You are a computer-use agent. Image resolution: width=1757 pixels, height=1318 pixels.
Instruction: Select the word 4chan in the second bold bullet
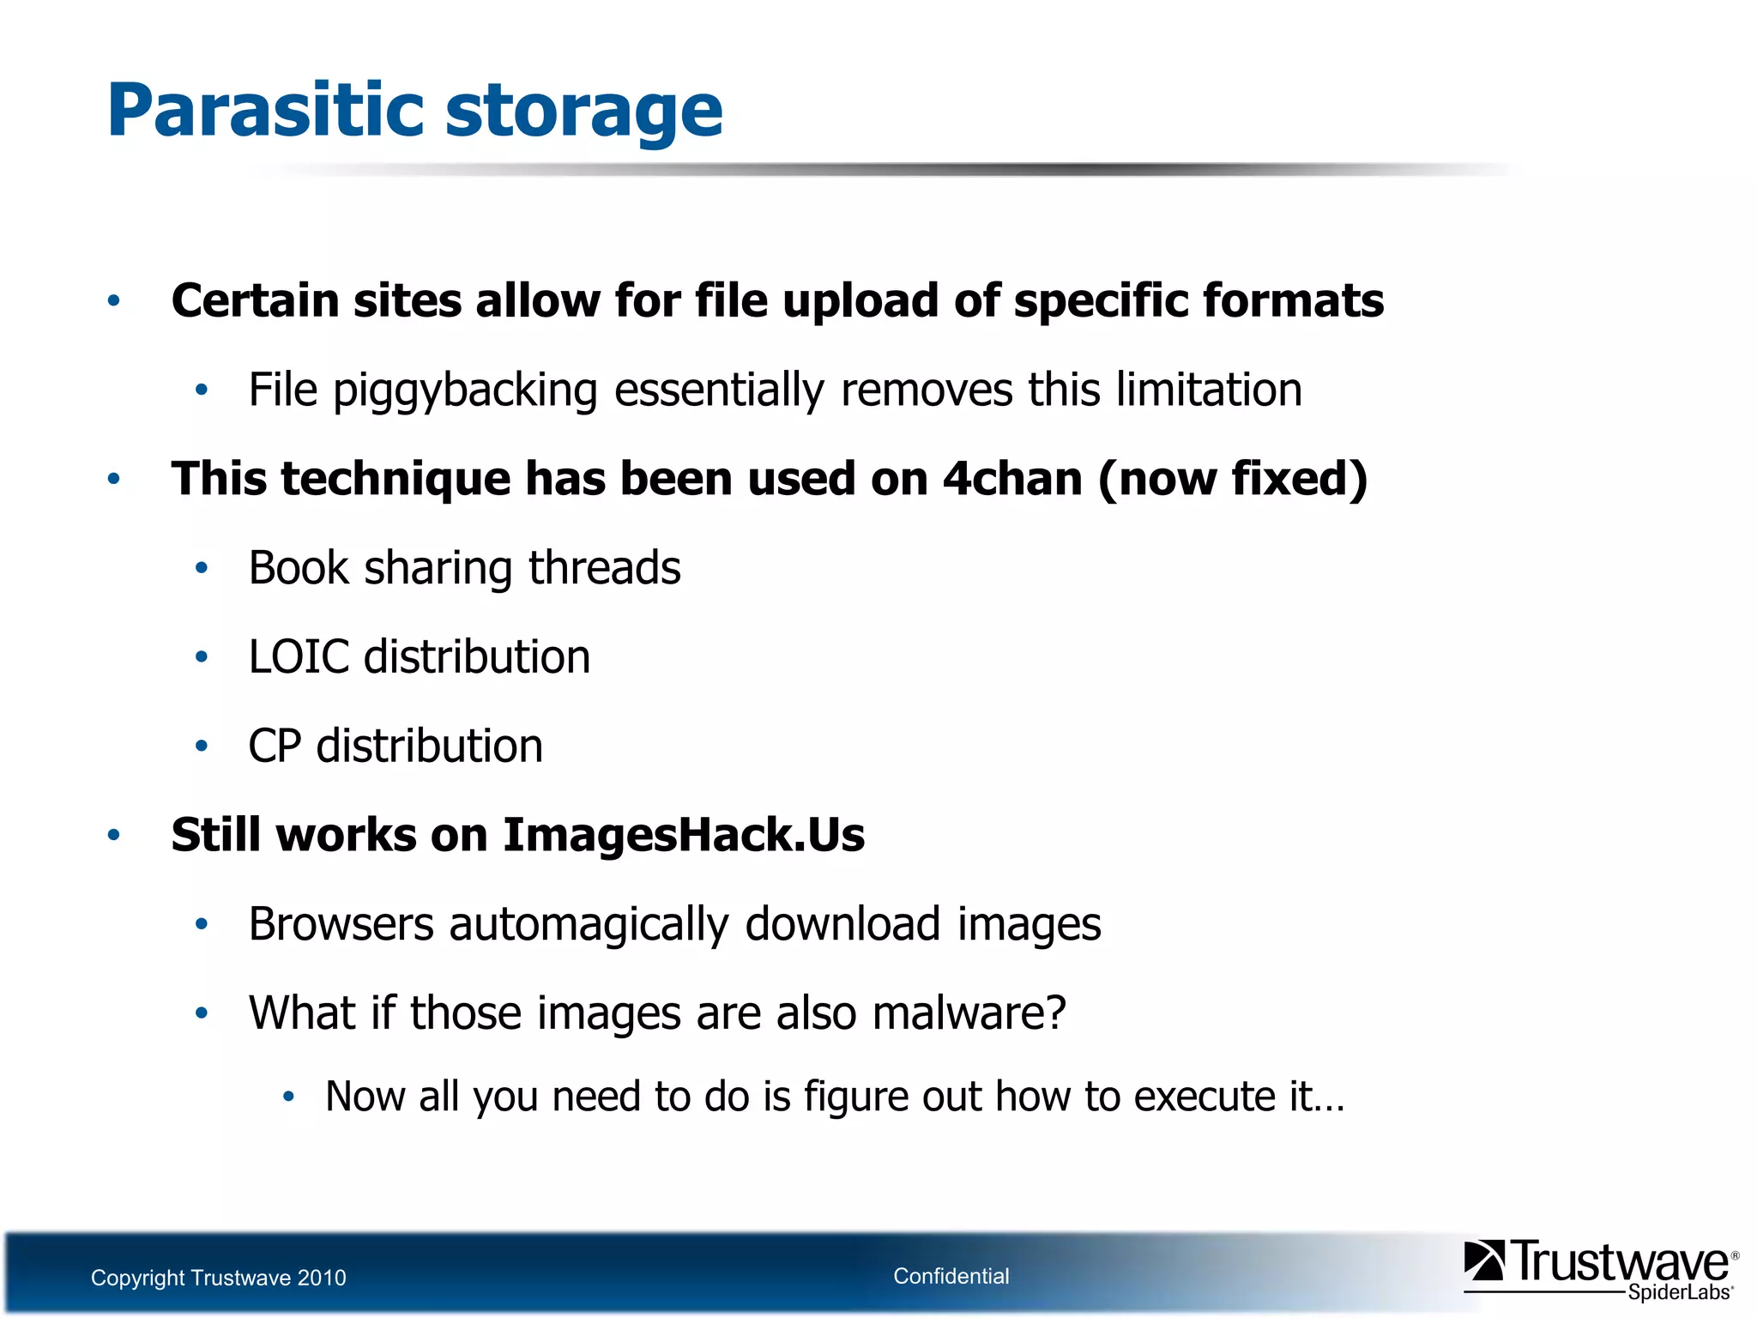[1012, 479]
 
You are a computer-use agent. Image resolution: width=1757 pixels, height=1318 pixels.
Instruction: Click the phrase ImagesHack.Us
[684, 835]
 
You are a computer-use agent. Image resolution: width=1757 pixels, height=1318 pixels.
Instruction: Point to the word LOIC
[299, 657]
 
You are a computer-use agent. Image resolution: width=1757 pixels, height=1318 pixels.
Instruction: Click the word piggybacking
[465, 391]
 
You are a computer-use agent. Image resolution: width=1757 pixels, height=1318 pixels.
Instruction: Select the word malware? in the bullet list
[969, 1013]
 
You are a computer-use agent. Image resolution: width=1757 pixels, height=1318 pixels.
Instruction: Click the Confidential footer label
[951, 1276]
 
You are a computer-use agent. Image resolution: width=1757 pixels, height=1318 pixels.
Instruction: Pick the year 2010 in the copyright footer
[322, 1278]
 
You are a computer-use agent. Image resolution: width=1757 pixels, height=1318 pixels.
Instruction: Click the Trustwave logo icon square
[1484, 1261]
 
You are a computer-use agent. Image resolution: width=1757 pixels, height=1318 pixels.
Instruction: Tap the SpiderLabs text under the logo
[1679, 1292]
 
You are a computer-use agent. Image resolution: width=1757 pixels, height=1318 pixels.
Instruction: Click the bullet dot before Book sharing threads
[202, 568]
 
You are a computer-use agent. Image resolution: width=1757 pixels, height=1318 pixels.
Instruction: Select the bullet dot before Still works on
[113, 835]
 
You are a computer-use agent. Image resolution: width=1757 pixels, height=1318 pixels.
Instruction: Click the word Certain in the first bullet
[255, 301]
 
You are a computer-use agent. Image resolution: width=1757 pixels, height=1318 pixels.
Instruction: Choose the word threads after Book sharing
[604, 568]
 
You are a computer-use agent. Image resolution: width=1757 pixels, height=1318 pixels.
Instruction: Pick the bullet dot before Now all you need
[289, 1097]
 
